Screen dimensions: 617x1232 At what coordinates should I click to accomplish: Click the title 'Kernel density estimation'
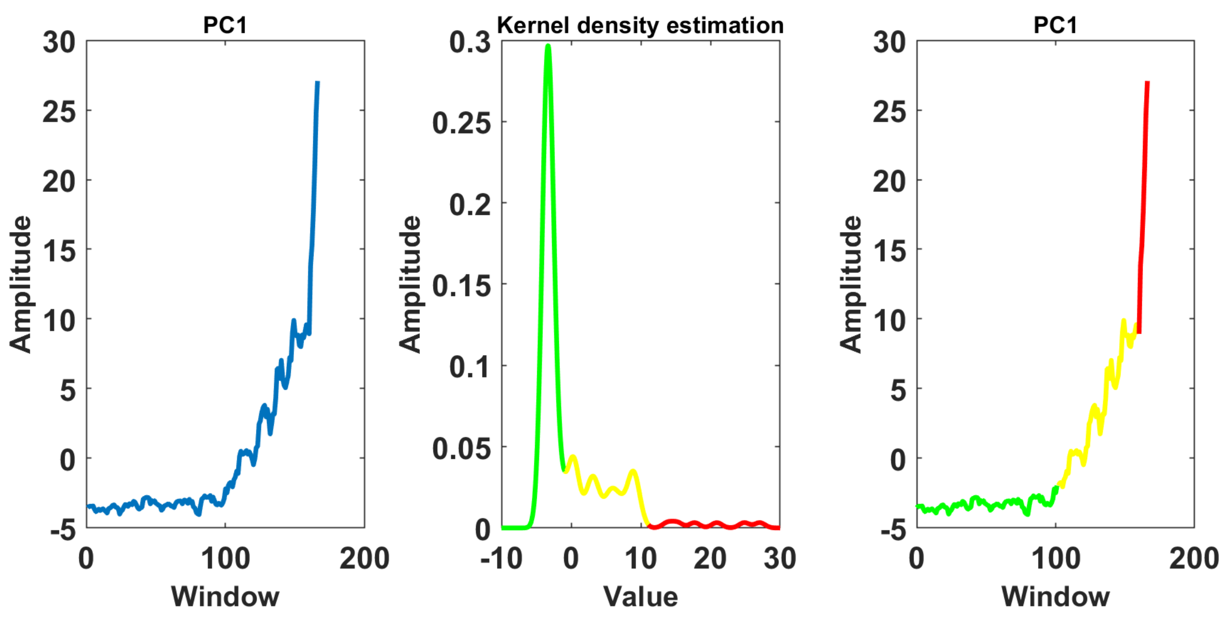pos(640,25)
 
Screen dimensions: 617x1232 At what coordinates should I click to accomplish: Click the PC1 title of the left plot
pos(225,25)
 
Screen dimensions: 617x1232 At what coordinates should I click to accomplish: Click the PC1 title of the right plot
pos(1055,25)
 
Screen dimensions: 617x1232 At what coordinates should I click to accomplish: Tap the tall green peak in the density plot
pos(548,48)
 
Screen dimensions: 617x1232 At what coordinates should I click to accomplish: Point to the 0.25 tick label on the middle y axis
pos(461,123)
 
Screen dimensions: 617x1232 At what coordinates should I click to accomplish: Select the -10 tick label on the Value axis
pos(501,558)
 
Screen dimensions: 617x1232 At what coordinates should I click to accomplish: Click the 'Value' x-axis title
pos(640,597)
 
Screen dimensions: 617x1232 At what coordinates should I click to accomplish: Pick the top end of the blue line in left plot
pos(317,83)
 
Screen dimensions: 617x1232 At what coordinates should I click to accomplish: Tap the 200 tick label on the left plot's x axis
pos(364,558)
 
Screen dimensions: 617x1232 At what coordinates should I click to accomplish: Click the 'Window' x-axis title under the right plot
pos(1055,597)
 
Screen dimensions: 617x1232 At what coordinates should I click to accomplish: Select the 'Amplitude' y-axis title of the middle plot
pos(409,284)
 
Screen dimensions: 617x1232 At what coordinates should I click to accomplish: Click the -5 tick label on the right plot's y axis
pos(893,530)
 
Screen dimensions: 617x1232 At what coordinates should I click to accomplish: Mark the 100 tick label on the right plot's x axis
pos(1055,558)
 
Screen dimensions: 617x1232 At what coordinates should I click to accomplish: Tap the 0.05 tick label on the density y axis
pos(461,448)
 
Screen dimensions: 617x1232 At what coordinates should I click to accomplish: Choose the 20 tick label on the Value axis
pos(710,558)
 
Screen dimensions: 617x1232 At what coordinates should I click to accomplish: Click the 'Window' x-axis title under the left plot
pos(225,597)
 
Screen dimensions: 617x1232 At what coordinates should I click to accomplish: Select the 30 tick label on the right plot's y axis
pos(889,42)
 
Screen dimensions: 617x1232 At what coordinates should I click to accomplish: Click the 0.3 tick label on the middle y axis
pos(469,42)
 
